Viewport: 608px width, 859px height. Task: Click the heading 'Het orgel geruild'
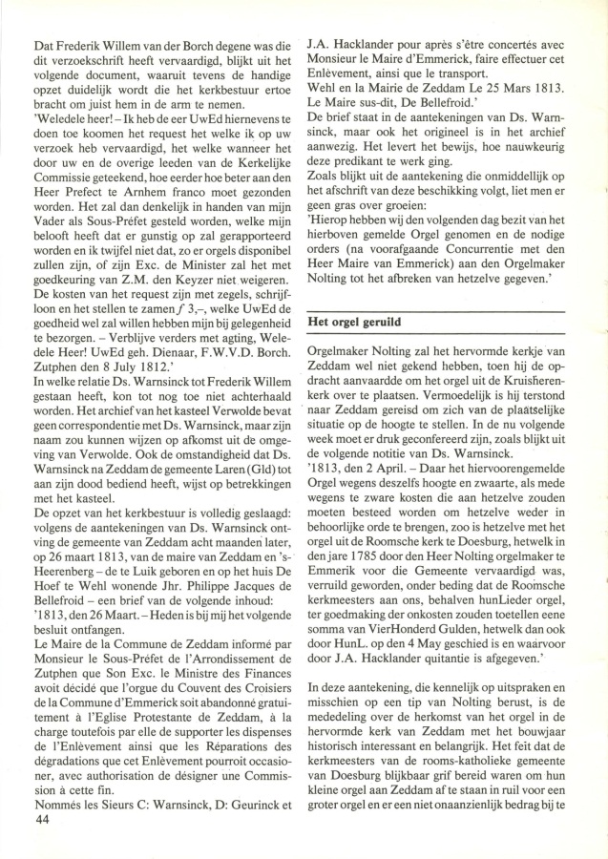click(355, 322)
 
